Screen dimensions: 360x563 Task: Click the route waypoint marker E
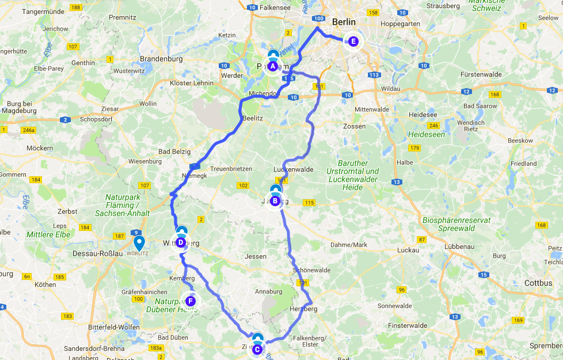coord(353,41)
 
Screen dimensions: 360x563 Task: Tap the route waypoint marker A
coord(272,66)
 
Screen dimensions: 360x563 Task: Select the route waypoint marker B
coord(275,201)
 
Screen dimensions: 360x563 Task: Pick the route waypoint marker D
coord(181,242)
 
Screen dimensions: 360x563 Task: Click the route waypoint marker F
coord(191,301)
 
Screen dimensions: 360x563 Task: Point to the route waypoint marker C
coord(257,348)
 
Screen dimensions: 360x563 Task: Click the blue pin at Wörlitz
coord(139,244)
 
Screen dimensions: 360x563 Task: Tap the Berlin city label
coord(344,22)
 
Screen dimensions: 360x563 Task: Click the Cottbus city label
coord(538,283)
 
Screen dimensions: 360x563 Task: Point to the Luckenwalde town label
coord(294,169)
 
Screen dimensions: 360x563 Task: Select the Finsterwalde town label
coord(407,325)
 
